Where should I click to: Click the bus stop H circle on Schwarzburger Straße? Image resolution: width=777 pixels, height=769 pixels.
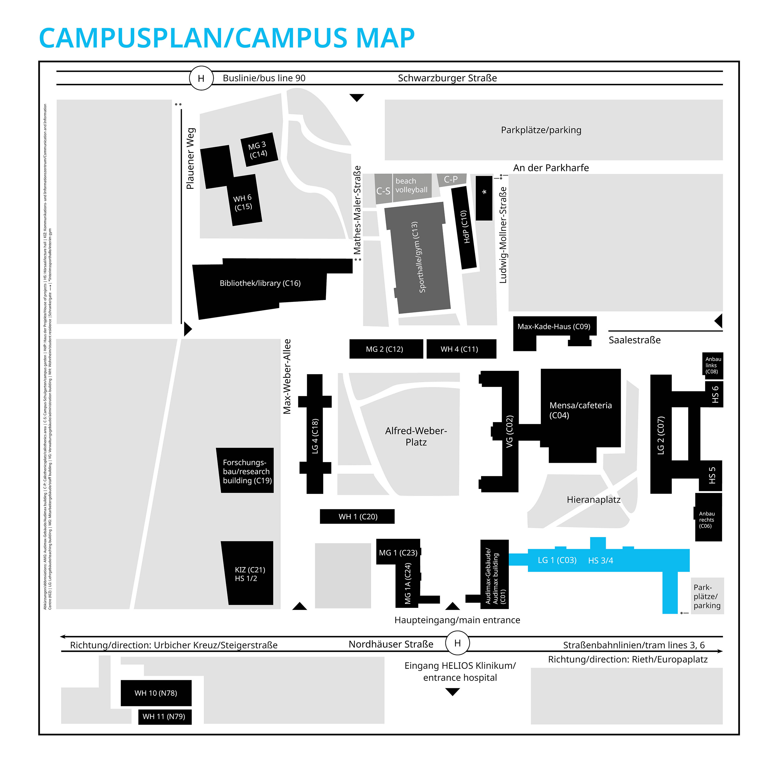(x=201, y=78)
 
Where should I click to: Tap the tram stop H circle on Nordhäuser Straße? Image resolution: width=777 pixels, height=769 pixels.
(x=457, y=643)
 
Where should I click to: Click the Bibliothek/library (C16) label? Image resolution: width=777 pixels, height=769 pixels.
(x=260, y=283)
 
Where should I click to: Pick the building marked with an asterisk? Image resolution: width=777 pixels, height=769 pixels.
(x=484, y=198)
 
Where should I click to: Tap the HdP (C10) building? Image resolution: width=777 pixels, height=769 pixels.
(x=464, y=227)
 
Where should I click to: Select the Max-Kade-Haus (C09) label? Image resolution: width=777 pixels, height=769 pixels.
(x=554, y=326)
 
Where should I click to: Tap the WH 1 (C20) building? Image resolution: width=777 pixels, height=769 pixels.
(x=357, y=516)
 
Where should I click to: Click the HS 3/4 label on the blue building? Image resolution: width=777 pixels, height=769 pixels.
(x=600, y=560)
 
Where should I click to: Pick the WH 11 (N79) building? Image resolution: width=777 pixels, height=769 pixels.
(x=164, y=716)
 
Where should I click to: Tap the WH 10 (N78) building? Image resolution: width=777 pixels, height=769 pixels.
(x=156, y=693)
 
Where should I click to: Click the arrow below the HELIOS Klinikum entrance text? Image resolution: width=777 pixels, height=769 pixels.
(x=453, y=692)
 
